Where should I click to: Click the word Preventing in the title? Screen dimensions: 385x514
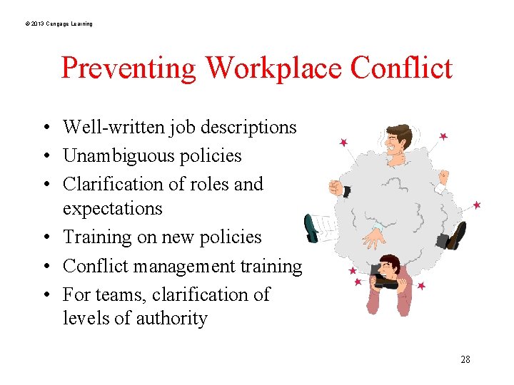pyautogui.click(x=128, y=68)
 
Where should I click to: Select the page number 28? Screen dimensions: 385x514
pyautogui.click(x=465, y=359)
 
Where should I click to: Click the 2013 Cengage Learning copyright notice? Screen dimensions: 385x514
pyautogui.click(x=59, y=24)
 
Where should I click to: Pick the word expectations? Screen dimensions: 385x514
pyautogui.click(x=113, y=209)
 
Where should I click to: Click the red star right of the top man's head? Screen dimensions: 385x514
pyautogui.click(x=443, y=136)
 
